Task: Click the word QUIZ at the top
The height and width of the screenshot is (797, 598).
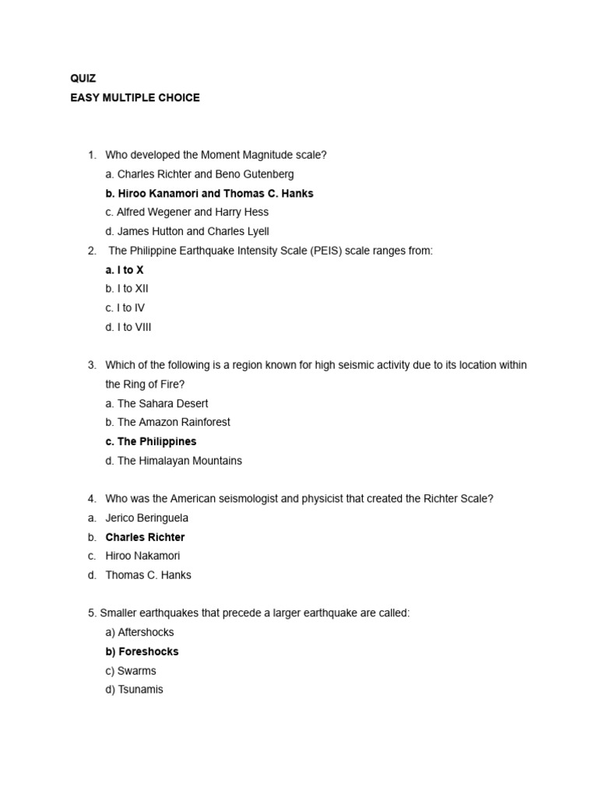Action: click(x=83, y=79)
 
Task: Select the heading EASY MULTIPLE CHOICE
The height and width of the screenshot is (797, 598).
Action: click(x=135, y=97)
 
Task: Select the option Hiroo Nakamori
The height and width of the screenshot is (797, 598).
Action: click(x=143, y=556)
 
